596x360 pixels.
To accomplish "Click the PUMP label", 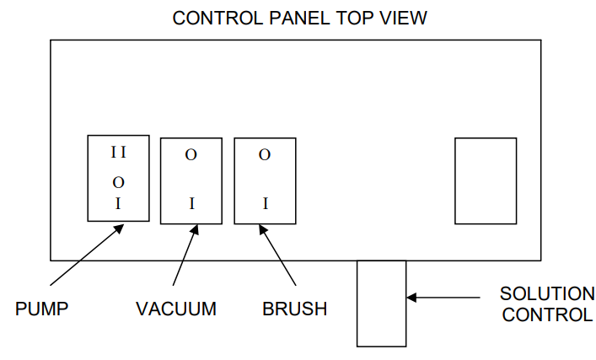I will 41,309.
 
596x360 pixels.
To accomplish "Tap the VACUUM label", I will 175,309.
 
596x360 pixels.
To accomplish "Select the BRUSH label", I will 295,309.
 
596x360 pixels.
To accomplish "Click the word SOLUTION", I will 547,294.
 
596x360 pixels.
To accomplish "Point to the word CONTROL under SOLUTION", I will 547,315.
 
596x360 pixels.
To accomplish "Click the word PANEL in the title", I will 290,17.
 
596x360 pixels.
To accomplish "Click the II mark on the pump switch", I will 118,153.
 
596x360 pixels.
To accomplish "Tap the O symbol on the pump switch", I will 118,182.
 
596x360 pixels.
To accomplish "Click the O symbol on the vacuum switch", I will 191,155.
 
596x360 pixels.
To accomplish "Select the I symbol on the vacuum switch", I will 191,203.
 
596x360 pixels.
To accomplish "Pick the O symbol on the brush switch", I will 265,155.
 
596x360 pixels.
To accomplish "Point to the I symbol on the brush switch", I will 265,203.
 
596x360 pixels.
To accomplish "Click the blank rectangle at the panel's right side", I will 486,180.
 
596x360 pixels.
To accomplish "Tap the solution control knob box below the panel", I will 381,304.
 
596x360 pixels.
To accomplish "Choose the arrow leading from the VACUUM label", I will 185,255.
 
